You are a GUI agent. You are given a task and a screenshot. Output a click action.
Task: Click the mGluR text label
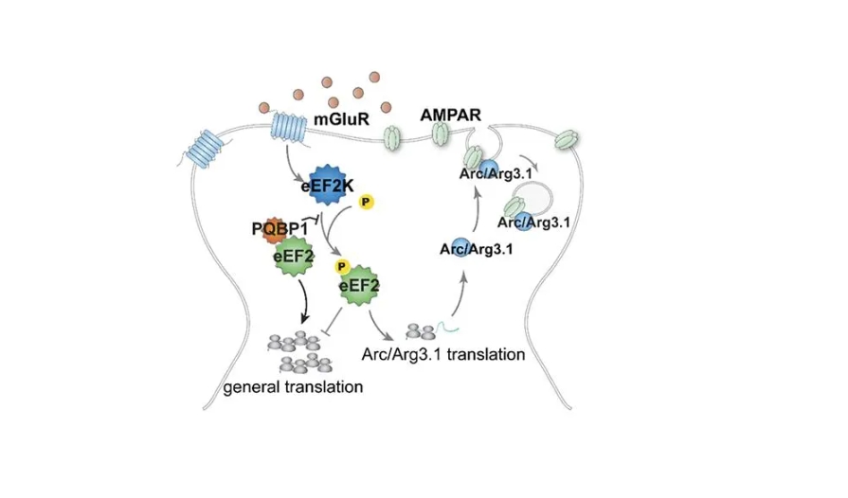tap(340, 120)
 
